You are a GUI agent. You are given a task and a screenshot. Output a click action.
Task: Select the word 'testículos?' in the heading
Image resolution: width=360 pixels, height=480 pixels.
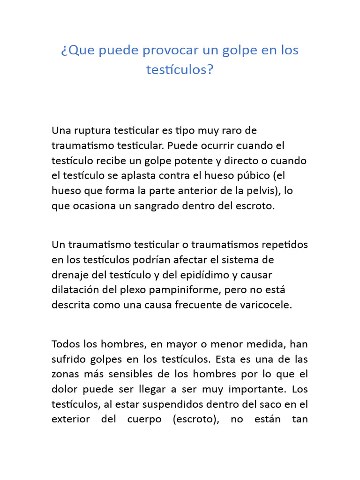(180, 70)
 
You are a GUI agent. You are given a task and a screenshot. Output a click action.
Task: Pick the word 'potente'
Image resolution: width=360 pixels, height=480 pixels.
(193, 160)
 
